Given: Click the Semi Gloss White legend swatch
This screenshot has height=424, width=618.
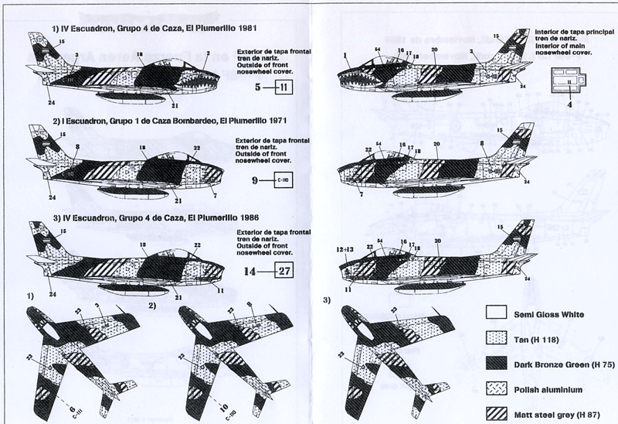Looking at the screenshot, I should point(497,314).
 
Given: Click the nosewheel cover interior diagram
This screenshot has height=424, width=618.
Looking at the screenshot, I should point(570,79).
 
